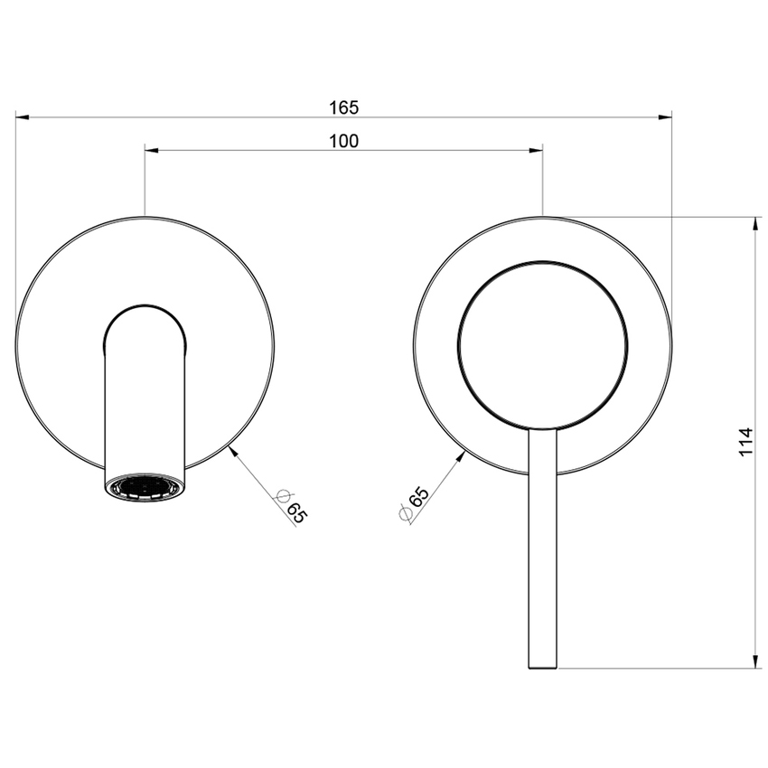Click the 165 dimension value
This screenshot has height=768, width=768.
(343, 108)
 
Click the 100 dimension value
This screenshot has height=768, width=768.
(343, 140)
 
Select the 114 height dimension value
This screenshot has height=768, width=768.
(745, 441)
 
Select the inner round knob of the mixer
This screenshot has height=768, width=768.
(542, 344)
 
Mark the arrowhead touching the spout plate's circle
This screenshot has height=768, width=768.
(235, 449)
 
